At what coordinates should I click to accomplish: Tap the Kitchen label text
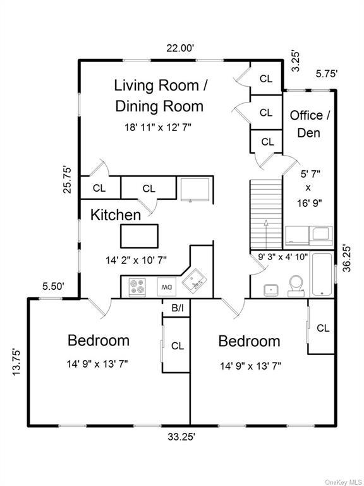[116, 215]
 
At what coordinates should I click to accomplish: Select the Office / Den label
[310, 124]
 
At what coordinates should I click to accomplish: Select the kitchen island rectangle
[140, 236]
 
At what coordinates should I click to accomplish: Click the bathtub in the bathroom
[322, 275]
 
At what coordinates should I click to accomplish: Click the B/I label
[177, 308]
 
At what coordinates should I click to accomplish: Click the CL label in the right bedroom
[323, 328]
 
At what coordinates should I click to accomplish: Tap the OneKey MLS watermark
[342, 482]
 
